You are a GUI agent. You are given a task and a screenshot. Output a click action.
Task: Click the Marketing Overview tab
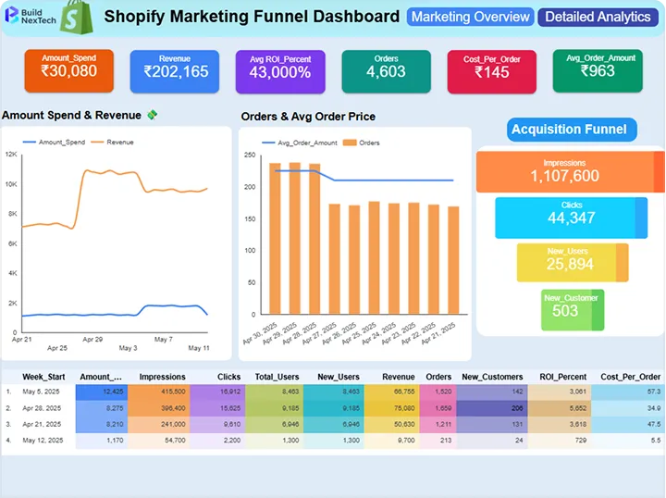[470, 17]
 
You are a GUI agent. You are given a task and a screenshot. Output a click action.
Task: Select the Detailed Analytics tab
[597, 17]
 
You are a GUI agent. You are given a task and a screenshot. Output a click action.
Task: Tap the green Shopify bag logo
[76, 18]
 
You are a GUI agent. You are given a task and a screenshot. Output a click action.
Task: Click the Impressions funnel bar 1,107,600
[565, 171]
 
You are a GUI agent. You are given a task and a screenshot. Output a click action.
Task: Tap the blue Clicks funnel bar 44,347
[565, 218]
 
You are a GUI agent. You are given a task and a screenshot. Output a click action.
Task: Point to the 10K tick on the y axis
[11, 184]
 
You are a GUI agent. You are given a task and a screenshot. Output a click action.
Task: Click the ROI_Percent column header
[559, 377]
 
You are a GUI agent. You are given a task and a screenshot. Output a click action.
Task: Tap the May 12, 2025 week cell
[42, 440]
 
